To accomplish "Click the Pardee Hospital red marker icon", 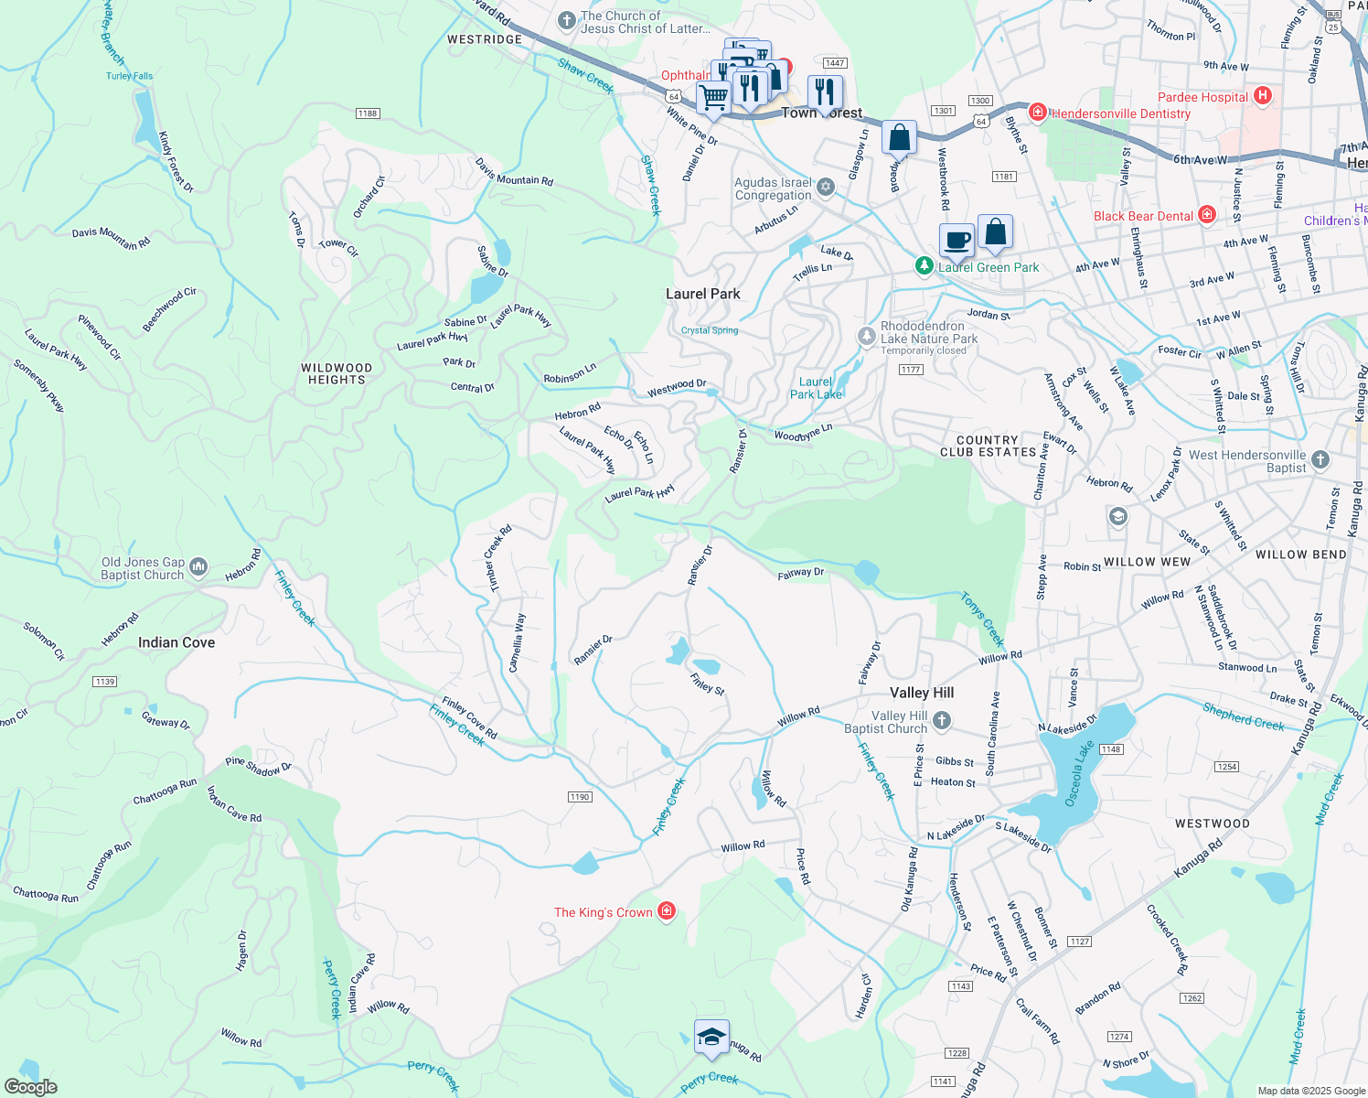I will (1263, 96).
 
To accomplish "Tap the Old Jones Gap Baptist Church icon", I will (198, 568).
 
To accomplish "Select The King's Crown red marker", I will (667, 911).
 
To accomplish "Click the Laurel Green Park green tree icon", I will (924, 266).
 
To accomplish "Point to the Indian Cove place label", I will (176, 643).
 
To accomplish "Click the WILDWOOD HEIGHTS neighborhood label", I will (337, 373).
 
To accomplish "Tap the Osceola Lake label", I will (1078, 774).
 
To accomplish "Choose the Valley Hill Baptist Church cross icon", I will (942, 721).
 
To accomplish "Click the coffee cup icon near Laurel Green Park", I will (957, 241).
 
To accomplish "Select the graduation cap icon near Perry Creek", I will (711, 1037).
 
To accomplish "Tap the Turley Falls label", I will (129, 76).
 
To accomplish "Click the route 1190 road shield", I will (580, 797).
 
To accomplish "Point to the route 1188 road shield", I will (368, 113).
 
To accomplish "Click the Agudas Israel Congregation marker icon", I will (826, 188).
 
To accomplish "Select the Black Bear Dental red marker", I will (1207, 215).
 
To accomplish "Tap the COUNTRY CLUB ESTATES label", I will (988, 447).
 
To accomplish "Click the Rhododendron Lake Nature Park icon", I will (866, 337).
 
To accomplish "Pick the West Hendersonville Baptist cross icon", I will (1320, 460).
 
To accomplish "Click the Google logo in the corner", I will (30, 1086).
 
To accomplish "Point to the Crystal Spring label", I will (710, 330).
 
